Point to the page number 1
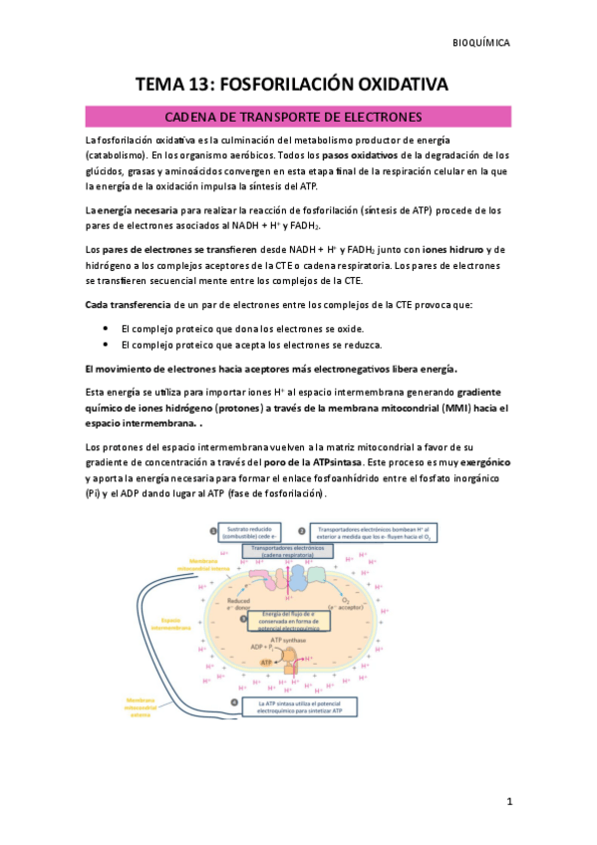point(508,801)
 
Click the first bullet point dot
point(107,328)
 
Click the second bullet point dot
point(107,345)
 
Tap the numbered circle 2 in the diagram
point(304,531)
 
